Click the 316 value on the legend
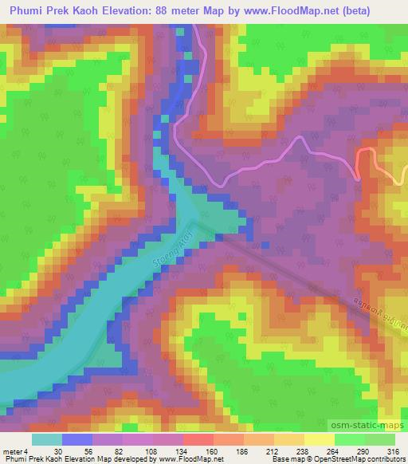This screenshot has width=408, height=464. click(x=393, y=451)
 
